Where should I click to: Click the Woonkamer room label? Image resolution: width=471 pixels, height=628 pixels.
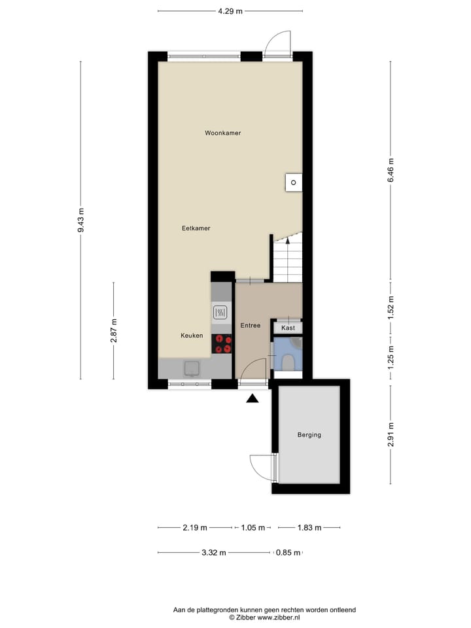(x=222, y=133)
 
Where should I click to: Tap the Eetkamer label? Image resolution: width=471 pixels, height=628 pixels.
(x=196, y=228)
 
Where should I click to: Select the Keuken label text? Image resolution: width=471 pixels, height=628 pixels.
(x=192, y=336)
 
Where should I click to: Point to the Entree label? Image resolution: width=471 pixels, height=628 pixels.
(x=251, y=325)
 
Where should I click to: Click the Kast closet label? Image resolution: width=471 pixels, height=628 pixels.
(x=288, y=327)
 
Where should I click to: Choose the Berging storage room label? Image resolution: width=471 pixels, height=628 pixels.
(x=309, y=434)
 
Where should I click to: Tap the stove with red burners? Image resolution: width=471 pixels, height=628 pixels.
(x=222, y=344)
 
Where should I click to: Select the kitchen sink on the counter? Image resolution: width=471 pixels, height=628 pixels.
(x=192, y=368)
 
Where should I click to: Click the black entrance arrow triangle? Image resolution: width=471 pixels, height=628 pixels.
(x=253, y=398)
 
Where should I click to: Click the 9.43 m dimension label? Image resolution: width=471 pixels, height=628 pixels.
(x=81, y=220)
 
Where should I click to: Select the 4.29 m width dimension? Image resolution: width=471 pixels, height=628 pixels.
(x=230, y=11)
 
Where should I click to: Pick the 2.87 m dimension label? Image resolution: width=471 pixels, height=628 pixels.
(x=114, y=331)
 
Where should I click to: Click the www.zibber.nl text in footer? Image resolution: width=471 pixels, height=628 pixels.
(x=278, y=617)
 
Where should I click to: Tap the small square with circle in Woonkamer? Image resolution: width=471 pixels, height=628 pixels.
(x=294, y=182)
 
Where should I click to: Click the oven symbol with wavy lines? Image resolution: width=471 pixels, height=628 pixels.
(x=221, y=313)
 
